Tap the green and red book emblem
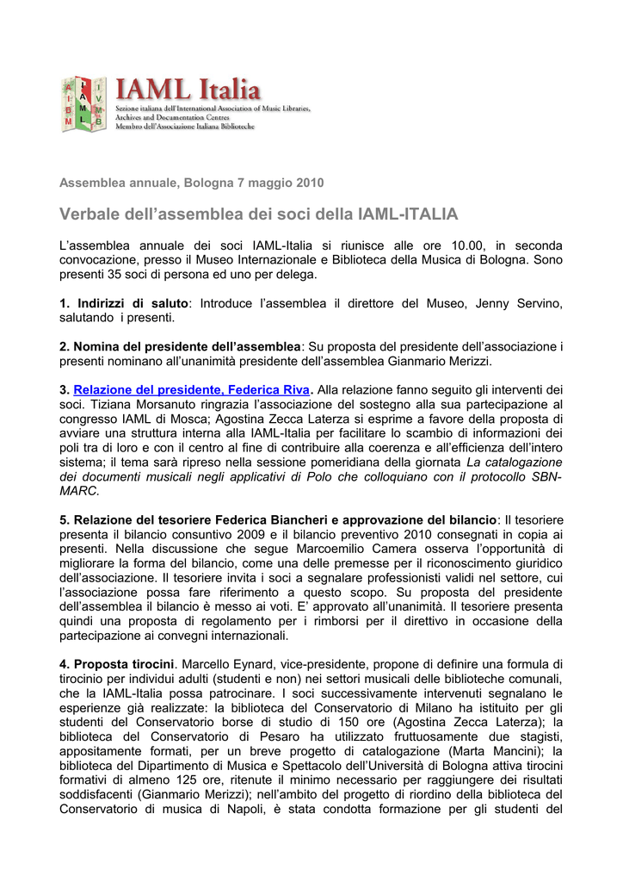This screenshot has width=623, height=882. tap(83, 103)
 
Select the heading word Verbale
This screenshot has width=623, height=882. tap(90, 213)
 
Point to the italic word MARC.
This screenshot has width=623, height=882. tap(79, 490)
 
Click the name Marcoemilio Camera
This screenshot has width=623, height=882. tap(431, 549)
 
